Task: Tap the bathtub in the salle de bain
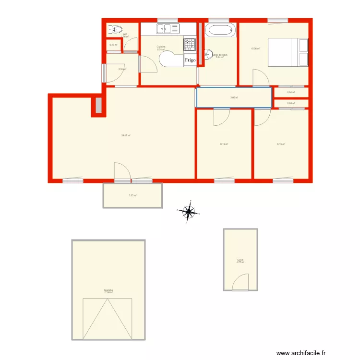(x=221, y=30)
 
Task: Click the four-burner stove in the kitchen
(x=190, y=44)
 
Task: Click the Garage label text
(x=108, y=289)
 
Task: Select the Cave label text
(x=240, y=260)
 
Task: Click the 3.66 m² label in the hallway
(x=234, y=97)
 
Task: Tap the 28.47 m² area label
(x=126, y=135)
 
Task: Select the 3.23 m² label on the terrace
(x=132, y=195)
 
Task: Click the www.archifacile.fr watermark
(x=311, y=352)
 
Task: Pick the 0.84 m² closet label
(x=291, y=93)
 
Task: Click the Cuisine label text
(x=161, y=47)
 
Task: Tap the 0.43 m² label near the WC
(x=113, y=45)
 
